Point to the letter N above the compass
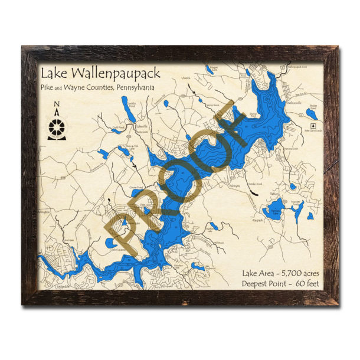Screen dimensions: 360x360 (x=57, y=107)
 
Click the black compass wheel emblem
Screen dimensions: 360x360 (x=57, y=125)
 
